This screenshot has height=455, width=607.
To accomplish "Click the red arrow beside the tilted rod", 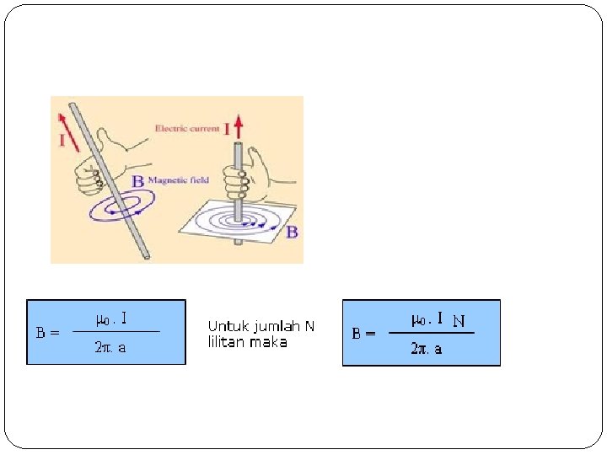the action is [62, 119].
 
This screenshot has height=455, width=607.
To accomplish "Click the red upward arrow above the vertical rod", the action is [239, 128].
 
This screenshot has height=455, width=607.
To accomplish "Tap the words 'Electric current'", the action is [187, 129].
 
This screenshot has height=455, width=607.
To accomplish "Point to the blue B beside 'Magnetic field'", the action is [137, 181].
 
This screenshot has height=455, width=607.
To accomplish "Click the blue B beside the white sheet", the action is [292, 231].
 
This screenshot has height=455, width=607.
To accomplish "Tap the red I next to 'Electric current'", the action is [226, 129].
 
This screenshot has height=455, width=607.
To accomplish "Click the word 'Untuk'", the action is [223, 326].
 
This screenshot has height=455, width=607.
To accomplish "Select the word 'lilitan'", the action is [225, 342].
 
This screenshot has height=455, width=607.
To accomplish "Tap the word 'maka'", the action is [268, 342].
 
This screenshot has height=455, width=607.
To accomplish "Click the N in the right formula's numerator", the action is [459, 320].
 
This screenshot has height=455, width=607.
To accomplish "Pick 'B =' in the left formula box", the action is [47, 332].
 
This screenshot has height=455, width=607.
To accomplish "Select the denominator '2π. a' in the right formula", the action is [427, 348].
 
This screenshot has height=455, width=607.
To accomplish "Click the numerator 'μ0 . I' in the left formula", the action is [111, 318].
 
